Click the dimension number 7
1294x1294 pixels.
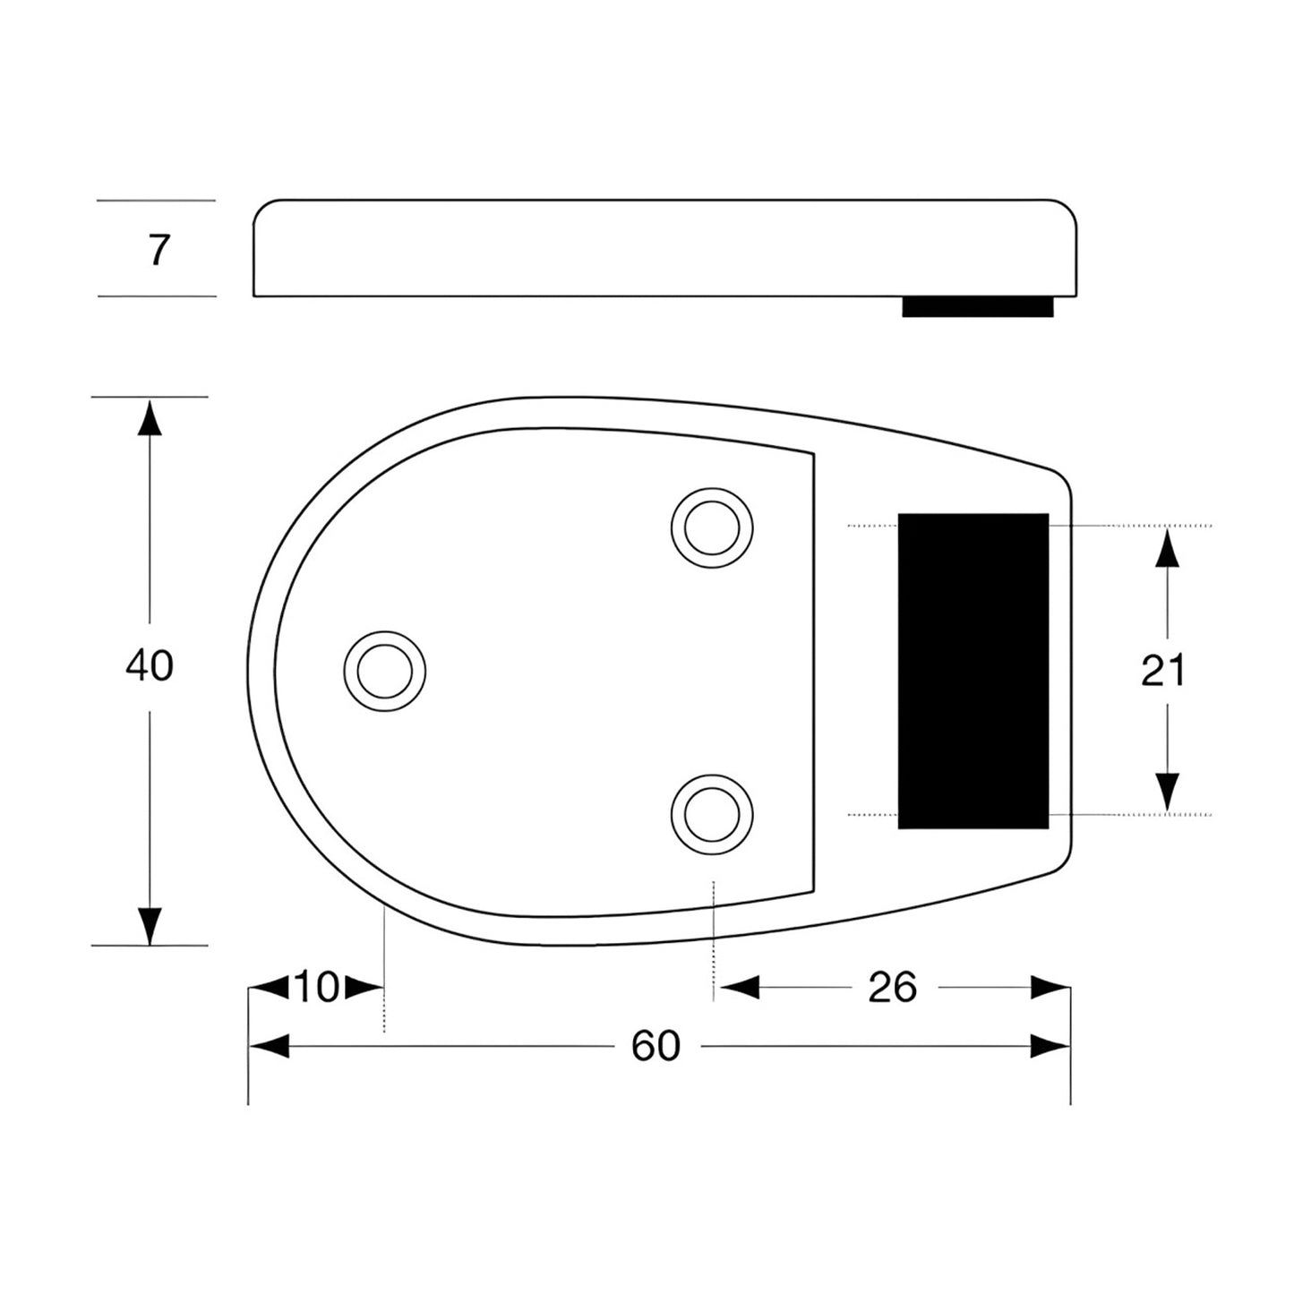159,250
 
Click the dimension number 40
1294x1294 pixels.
150,666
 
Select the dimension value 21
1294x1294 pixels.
1162,670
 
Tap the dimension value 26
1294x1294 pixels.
892,988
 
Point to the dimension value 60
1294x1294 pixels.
656,1046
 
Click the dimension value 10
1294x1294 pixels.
316,988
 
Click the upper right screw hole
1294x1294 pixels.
712,527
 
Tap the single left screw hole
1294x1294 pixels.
385,671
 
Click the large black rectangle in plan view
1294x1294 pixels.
973,671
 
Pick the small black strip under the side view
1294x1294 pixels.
977,307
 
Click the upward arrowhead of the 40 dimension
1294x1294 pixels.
150,418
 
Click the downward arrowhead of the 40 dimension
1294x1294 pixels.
150,925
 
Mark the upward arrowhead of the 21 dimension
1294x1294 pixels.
1166,547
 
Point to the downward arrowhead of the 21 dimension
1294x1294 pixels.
1166,793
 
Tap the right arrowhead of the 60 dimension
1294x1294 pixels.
1050,1046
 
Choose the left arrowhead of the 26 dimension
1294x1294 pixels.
739,988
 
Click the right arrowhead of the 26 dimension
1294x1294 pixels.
1050,988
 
